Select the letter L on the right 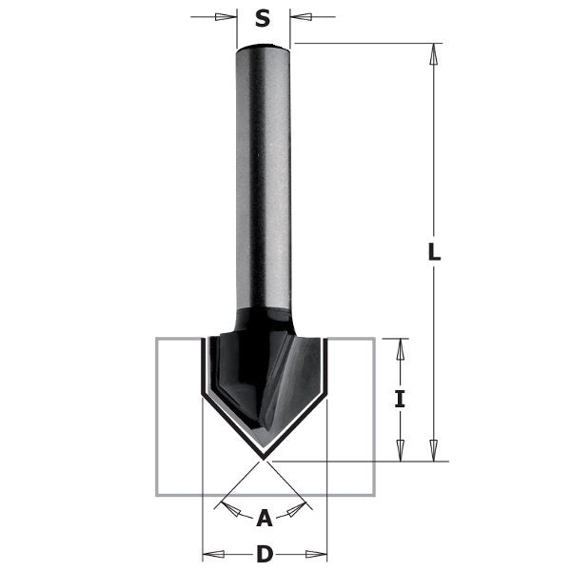(x=434, y=252)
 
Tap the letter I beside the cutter (x=400, y=400)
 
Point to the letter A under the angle (x=265, y=519)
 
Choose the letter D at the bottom (x=265, y=554)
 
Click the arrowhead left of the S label (x=226, y=17)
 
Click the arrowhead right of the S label (x=302, y=17)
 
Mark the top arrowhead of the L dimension (x=434, y=53)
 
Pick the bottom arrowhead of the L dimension (x=434, y=450)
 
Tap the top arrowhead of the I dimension (x=400, y=348)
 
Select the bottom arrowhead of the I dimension (x=400, y=450)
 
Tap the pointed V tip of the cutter (x=265, y=453)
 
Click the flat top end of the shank (x=264, y=46)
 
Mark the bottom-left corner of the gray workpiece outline (x=157, y=494)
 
